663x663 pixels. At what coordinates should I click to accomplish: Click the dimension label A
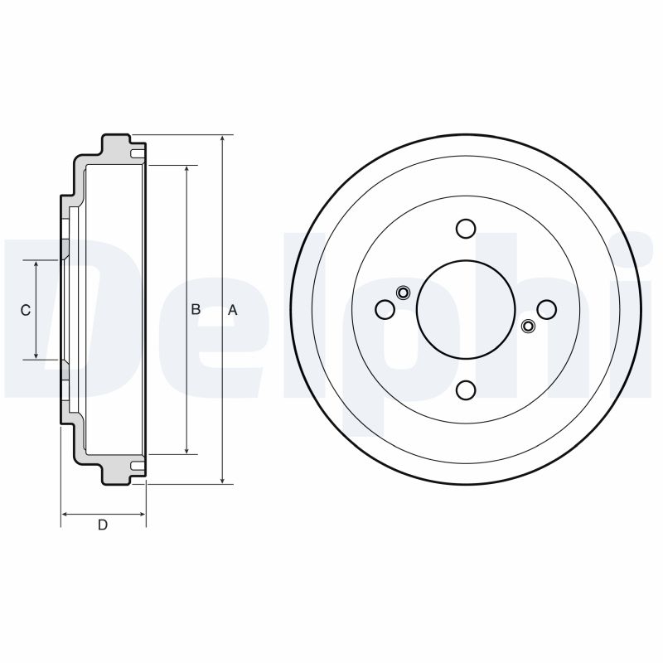click(233, 310)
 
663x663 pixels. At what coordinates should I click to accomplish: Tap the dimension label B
click(196, 310)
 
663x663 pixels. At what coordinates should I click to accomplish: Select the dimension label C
click(26, 310)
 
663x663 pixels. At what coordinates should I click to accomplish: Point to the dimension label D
click(103, 525)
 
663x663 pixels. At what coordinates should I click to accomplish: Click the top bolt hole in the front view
click(466, 229)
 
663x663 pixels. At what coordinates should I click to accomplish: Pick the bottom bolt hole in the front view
click(466, 390)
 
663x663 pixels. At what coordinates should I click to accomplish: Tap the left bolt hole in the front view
click(385, 309)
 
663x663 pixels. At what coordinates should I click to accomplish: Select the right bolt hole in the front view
click(546, 309)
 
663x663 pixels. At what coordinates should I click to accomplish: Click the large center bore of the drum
click(466, 309)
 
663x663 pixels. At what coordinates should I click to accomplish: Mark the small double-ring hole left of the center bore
click(403, 292)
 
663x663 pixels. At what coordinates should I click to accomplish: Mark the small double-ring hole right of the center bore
click(528, 327)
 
